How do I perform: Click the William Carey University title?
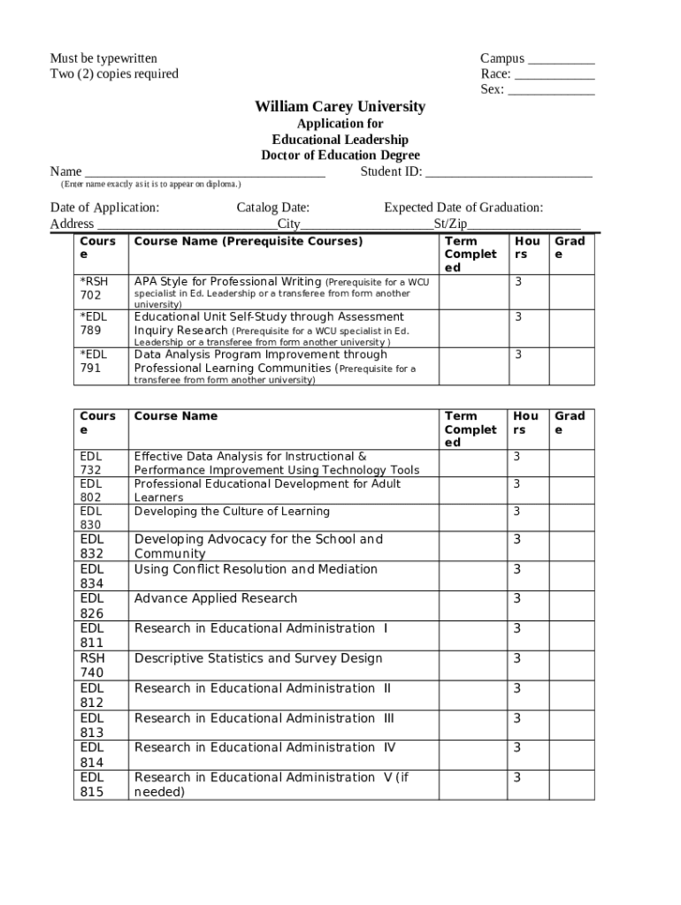tap(340, 107)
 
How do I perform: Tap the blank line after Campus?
tap(562, 60)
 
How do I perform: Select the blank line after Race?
tap(554, 75)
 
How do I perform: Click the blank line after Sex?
tap(551, 90)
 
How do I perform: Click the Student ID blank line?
tap(509, 172)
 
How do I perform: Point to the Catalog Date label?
tap(272, 208)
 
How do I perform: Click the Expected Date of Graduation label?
tap(463, 208)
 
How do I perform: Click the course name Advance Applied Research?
tap(216, 598)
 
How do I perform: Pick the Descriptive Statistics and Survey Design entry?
tap(258, 658)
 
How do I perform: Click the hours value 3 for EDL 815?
tap(517, 778)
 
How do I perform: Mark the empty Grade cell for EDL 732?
tap(572, 462)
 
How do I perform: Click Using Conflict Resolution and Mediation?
tap(256, 569)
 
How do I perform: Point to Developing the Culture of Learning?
tap(232, 512)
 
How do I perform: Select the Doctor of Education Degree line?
tap(340, 156)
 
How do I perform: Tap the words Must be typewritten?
tap(103, 59)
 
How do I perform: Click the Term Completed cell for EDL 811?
tap(472, 635)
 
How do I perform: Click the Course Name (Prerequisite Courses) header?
tap(248, 241)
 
